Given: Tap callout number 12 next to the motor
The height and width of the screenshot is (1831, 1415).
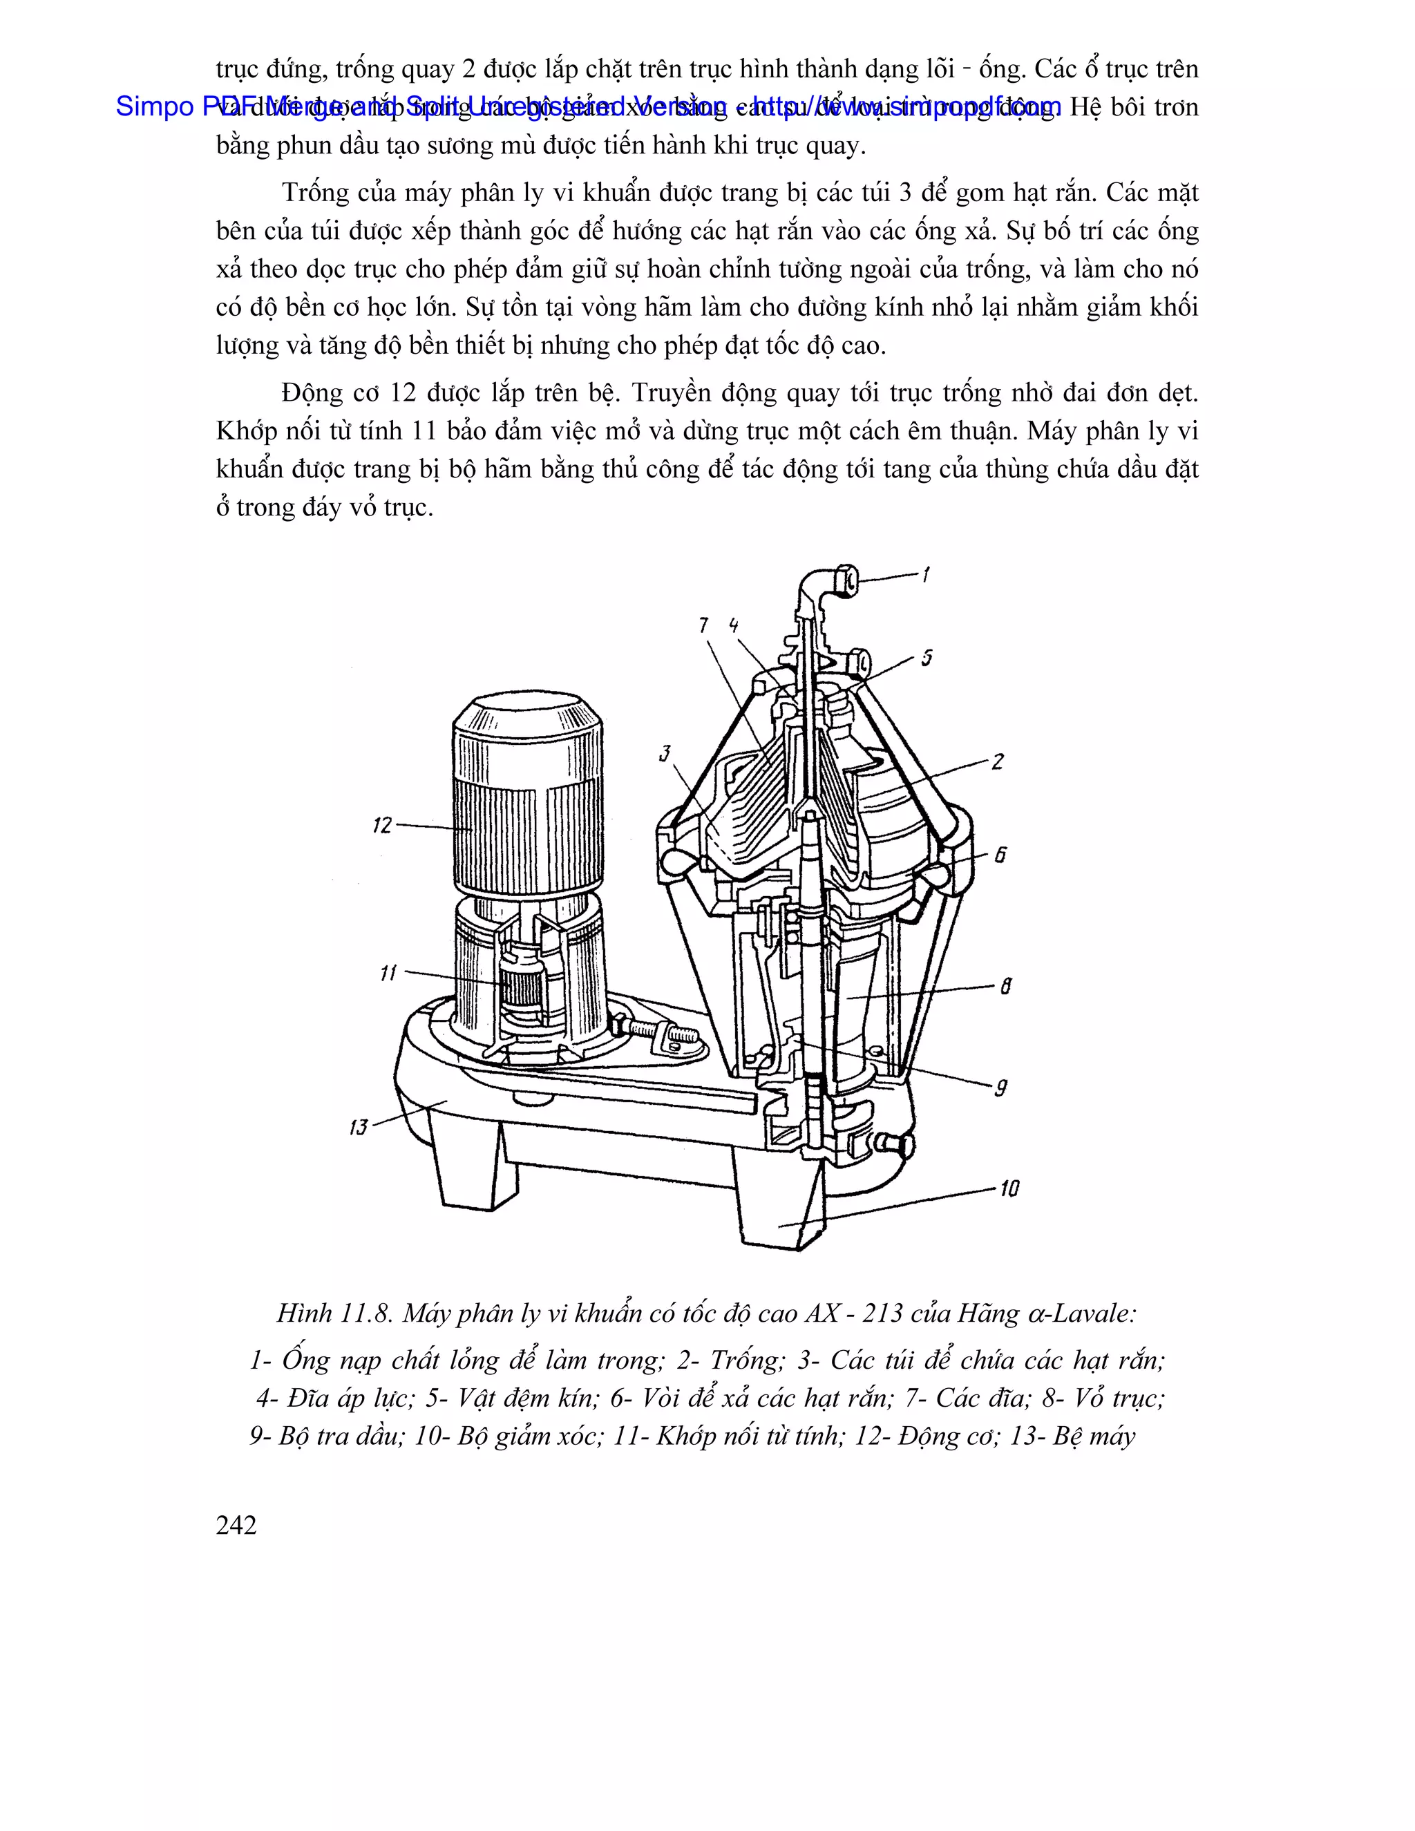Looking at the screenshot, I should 382,826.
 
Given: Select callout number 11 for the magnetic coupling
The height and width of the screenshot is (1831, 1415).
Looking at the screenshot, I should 388,974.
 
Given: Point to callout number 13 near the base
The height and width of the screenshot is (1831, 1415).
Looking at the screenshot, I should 359,1127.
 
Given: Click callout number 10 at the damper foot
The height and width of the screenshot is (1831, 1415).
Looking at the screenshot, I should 1009,1189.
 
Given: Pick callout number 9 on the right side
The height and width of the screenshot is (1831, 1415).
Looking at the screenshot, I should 1000,1088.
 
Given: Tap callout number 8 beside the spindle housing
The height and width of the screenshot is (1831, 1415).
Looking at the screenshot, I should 1005,986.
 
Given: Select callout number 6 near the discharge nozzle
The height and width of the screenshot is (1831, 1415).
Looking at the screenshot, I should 1000,856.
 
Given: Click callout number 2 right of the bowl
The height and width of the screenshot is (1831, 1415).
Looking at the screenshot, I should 997,762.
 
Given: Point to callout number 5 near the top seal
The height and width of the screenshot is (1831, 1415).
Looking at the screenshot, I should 927,658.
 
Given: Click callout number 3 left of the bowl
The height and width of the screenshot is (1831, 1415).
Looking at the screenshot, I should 665,753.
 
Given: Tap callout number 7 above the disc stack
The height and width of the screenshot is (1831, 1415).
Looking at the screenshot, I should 703,625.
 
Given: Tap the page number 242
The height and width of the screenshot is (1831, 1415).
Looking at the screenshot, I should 236,1525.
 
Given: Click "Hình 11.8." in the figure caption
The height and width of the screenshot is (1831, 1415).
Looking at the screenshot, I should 334,1313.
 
